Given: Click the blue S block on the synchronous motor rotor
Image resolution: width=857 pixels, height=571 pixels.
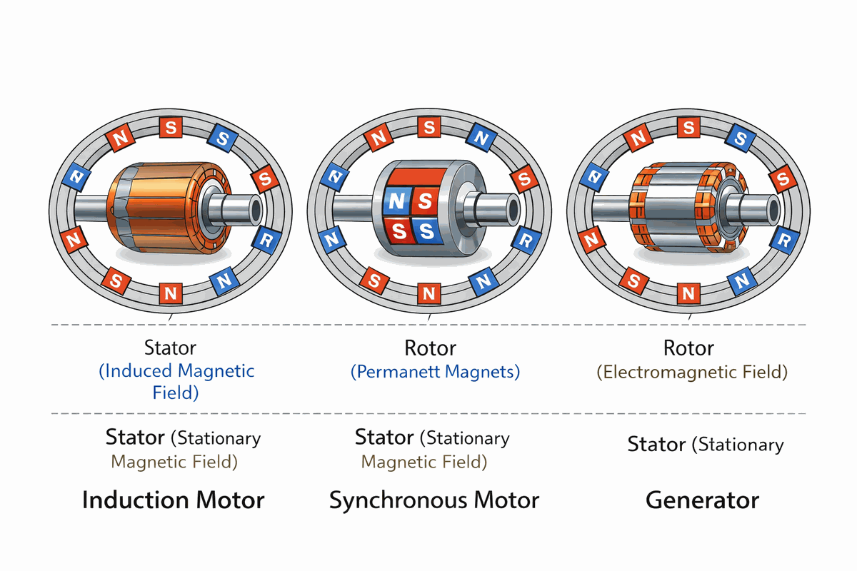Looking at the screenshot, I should pyautogui.click(x=426, y=230).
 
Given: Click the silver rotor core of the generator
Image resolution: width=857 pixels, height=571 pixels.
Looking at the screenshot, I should pyautogui.click(x=678, y=207).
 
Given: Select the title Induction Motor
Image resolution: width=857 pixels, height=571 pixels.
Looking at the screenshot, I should pyautogui.click(x=174, y=500).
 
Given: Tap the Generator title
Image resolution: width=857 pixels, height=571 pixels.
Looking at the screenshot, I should pyautogui.click(x=702, y=500).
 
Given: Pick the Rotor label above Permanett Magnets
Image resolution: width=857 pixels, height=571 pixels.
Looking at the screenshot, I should pyautogui.click(x=431, y=348).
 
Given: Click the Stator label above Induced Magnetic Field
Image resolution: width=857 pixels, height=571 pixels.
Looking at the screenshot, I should pyautogui.click(x=170, y=348).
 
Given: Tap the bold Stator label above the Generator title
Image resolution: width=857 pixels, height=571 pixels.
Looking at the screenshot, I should pyautogui.click(x=657, y=445).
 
